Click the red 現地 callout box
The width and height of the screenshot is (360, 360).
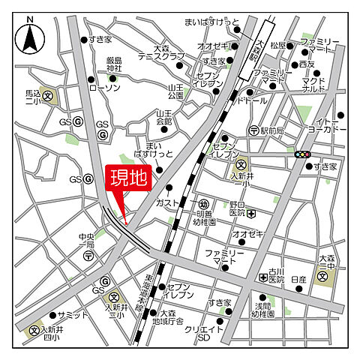130,180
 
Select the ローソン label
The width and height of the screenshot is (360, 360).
104,88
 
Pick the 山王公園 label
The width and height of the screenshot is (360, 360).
175,91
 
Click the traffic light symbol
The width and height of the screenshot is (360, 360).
303,154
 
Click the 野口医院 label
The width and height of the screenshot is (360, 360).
237,212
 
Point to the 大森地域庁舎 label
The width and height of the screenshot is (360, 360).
171,317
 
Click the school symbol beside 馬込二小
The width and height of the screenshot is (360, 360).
49,96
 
